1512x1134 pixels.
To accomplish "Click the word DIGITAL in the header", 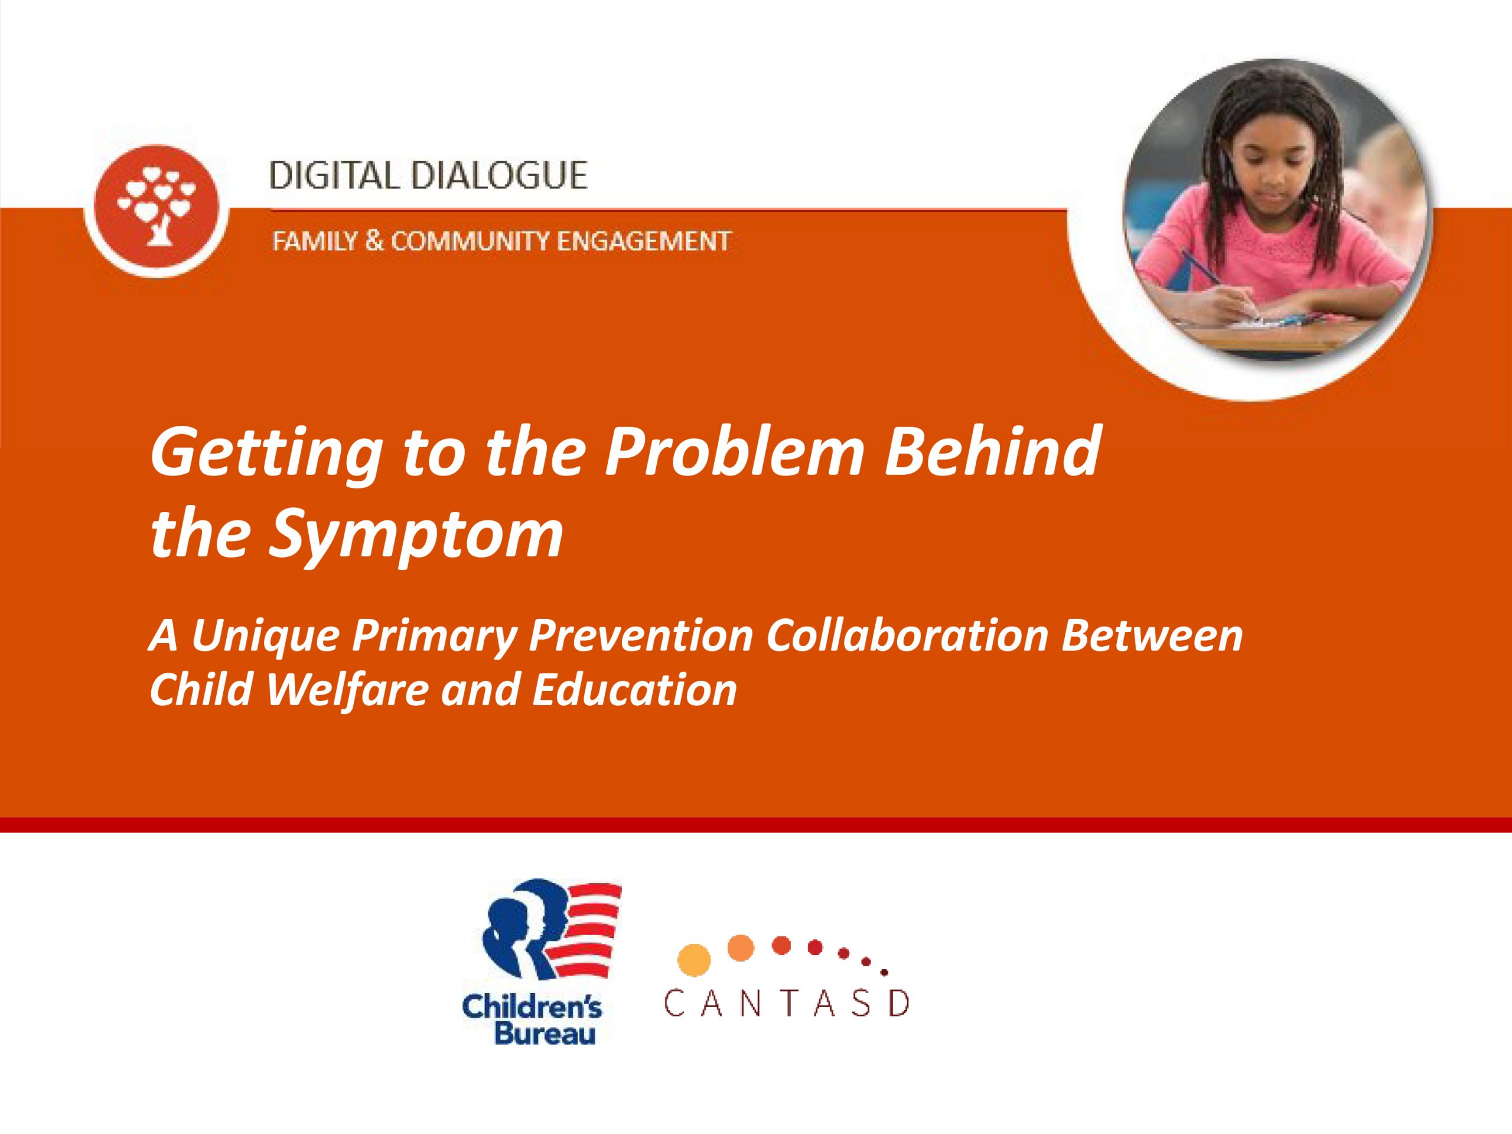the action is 334,175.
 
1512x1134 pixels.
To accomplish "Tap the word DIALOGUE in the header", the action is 498,175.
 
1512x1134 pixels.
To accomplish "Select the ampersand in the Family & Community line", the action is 373,242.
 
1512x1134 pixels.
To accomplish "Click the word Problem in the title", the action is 734,451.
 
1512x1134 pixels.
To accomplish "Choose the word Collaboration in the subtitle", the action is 907,635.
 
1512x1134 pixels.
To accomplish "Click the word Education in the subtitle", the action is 634,690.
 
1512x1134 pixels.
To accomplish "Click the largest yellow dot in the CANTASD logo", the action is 694,959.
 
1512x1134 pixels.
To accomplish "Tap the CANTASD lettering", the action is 786,1003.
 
